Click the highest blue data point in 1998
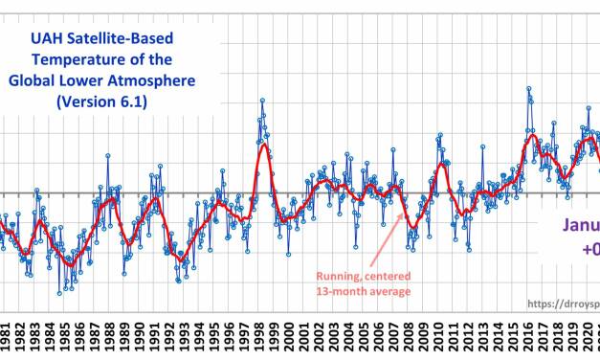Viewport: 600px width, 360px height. tap(261, 101)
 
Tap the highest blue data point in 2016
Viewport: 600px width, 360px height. tap(528, 89)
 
